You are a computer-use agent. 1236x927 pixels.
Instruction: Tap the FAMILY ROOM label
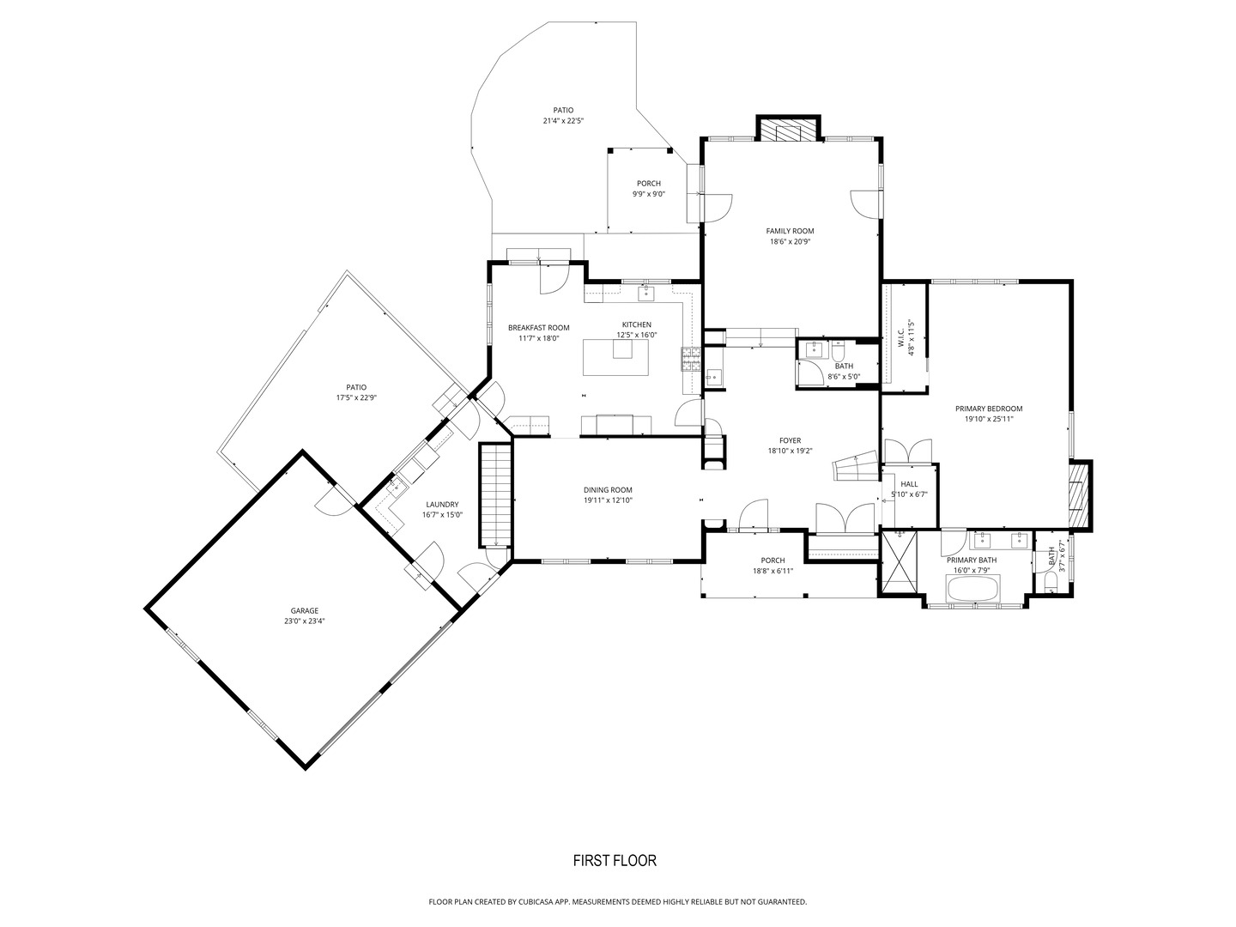coord(790,231)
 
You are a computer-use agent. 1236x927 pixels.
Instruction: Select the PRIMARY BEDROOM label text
coord(989,409)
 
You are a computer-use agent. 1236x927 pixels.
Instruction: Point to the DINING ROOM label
coord(608,490)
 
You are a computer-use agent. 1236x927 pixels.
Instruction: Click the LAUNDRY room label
coord(441,505)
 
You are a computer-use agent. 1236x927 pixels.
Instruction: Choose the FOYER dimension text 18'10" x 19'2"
coord(790,451)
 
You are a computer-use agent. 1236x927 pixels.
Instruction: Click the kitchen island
coord(616,357)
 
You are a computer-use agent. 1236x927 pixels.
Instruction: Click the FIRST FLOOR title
coord(615,861)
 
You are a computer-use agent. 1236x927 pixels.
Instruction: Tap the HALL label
coord(909,484)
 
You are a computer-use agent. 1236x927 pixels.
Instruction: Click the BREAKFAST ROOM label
coord(539,328)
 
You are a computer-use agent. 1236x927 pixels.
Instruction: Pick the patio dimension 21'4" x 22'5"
coord(563,121)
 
